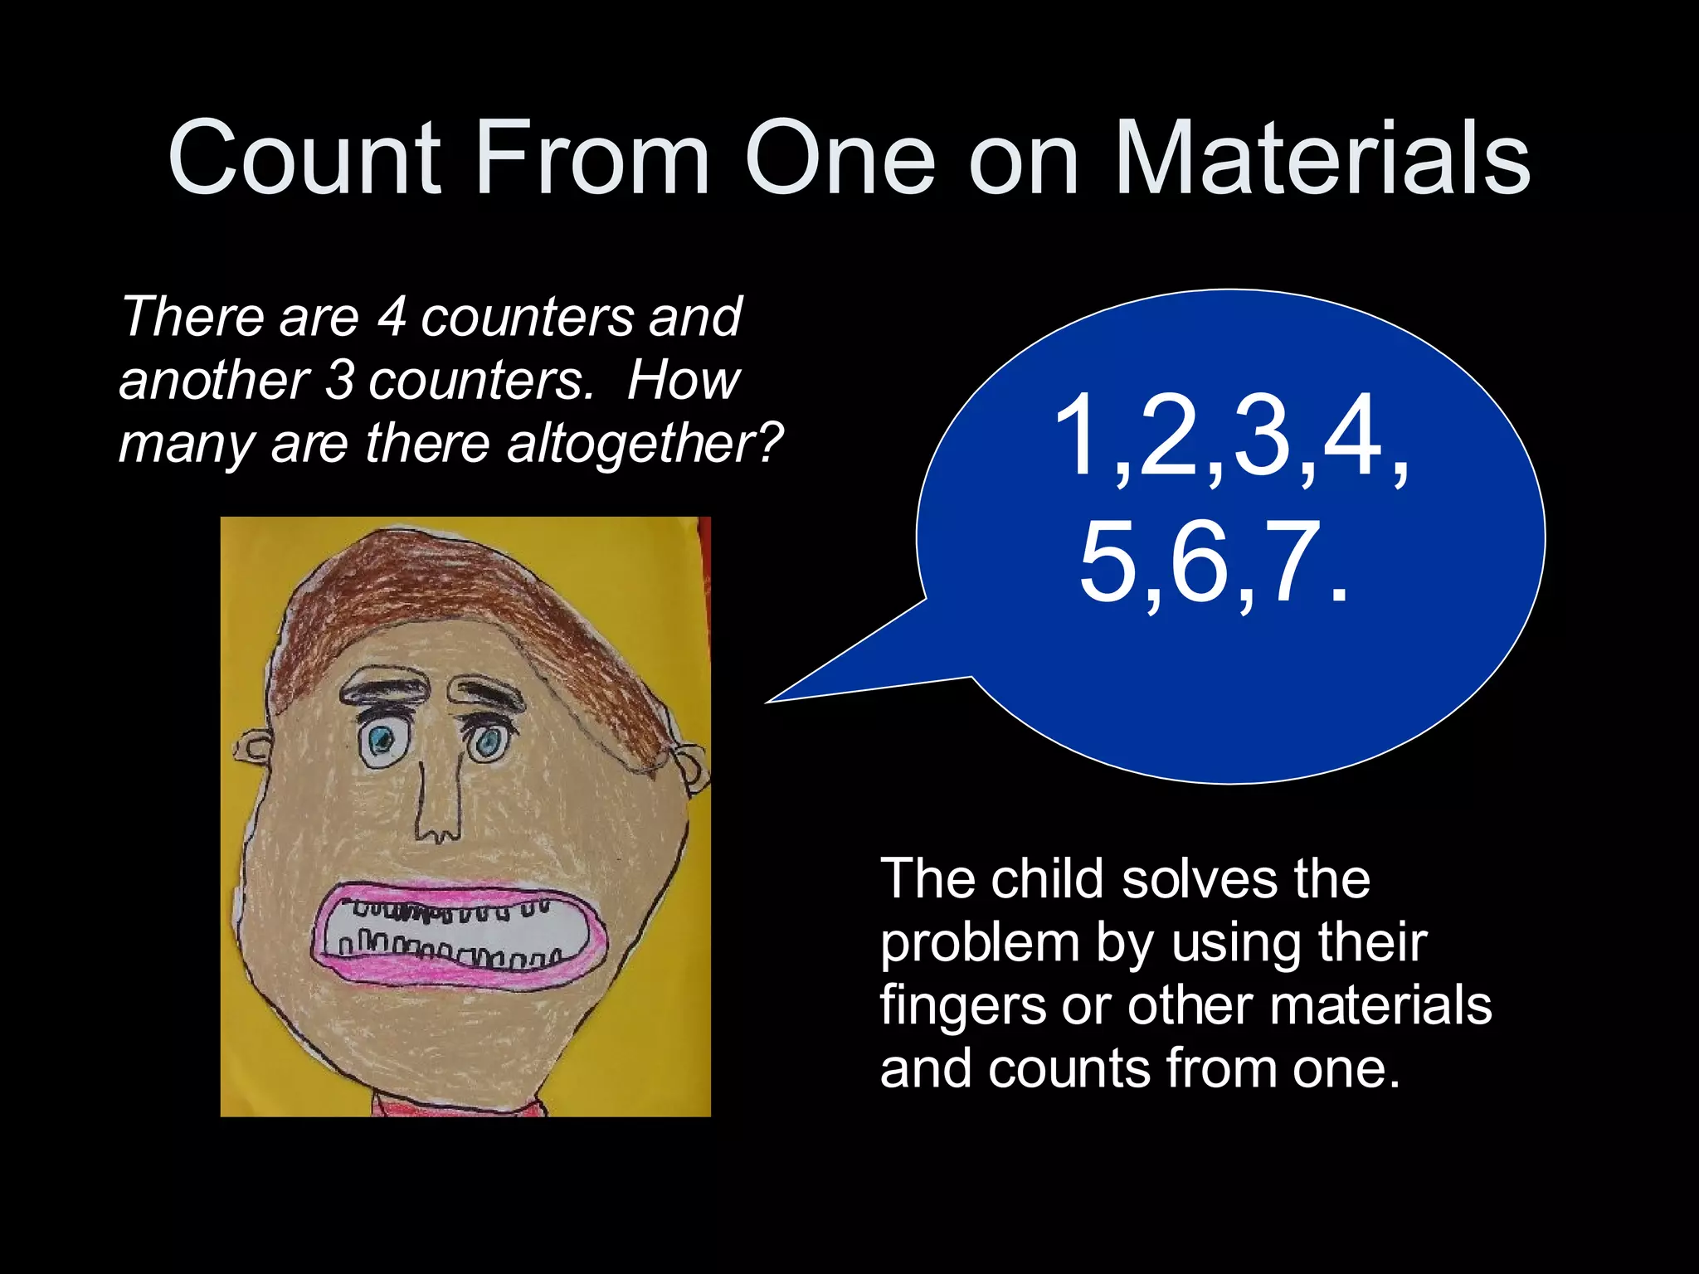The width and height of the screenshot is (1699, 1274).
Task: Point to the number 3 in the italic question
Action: (338, 380)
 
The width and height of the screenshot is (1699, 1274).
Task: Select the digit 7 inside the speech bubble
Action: (1291, 562)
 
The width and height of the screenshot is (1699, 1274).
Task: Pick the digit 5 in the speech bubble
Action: (1110, 562)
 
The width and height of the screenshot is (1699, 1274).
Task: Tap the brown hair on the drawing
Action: (465, 597)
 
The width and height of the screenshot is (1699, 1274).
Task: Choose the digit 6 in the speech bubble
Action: (1200, 562)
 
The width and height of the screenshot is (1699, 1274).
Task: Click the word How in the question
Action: (683, 380)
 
